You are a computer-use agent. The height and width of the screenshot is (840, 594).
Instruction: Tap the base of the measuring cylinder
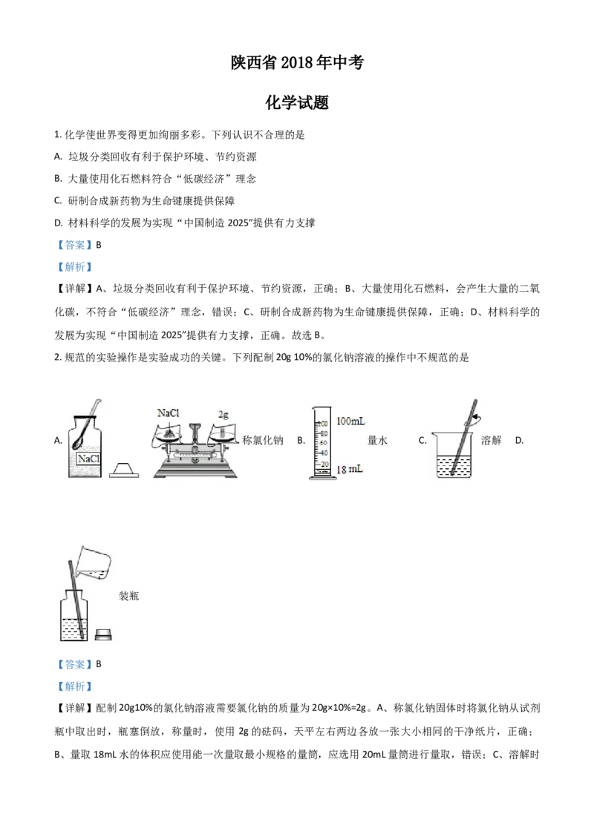point(322,478)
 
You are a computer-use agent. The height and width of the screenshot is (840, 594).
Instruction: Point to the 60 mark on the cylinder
point(324,442)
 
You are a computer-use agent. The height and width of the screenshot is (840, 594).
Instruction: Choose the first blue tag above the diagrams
point(74,246)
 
